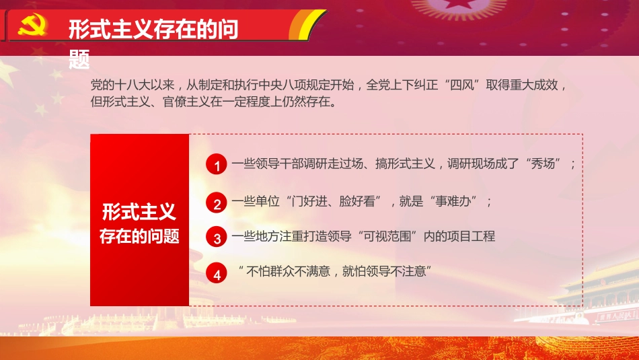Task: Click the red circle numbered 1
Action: [217, 165]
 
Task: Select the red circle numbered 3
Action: [217, 238]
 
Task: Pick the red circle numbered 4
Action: [217, 274]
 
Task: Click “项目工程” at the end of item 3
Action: [472, 236]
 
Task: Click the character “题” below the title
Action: [79, 60]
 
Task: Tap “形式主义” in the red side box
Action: [139, 213]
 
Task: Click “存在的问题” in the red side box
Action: [139, 236]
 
